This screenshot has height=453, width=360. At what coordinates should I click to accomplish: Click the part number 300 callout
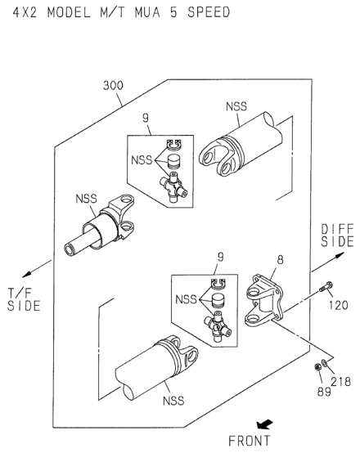coord(113,86)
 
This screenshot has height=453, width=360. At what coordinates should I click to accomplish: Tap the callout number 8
coord(280,260)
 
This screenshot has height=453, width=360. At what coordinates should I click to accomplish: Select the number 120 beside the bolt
coord(338,305)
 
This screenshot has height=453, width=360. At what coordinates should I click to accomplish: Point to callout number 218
coord(341,382)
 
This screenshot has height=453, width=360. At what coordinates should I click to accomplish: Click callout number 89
coord(324,392)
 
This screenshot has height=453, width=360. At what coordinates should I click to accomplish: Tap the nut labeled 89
coord(317,367)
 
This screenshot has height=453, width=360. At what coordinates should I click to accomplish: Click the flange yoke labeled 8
coord(263,300)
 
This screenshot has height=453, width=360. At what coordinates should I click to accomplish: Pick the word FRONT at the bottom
coord(250,441)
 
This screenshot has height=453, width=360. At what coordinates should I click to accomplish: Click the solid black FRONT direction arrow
coord(264,424)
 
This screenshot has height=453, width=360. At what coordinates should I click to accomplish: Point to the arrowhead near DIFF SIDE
coord(340,255)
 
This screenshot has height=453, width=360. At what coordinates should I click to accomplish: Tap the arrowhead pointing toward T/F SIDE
coord(27,274)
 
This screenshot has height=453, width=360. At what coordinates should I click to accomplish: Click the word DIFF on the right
coord(337,230)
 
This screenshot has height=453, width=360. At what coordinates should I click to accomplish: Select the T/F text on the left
coord(20,293)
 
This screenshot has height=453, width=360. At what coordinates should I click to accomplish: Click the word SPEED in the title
coord(209,12)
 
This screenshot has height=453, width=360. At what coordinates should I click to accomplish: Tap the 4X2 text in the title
coord(25,12)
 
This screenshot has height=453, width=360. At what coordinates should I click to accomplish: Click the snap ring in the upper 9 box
coord(173,145)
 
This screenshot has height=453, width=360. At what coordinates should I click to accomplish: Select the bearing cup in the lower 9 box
coord(219,302)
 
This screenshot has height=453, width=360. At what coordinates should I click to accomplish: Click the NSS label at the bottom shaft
coord(173,401)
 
